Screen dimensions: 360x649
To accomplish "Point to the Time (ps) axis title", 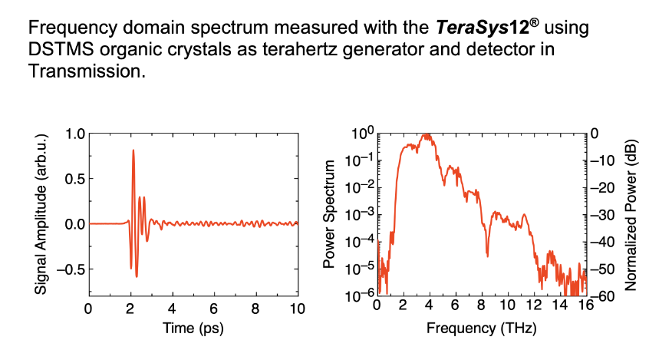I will [193, 328].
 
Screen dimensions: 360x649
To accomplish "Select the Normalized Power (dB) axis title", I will [631, 214].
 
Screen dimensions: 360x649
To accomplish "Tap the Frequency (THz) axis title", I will [481, 328].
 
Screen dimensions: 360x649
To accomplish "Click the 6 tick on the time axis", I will [214, 309].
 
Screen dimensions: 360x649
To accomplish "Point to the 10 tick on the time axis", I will [297, 309].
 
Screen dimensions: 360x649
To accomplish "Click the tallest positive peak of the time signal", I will [133, 150].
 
